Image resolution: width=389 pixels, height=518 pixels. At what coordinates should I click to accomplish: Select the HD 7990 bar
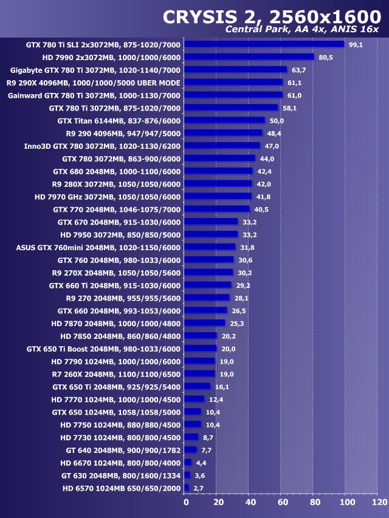(249, 57)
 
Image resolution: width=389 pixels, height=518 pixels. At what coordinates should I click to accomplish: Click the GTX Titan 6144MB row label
(119, 120)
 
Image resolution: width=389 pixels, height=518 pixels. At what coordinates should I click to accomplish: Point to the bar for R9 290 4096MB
(223, 133)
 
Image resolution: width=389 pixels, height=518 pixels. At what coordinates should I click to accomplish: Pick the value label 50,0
(277, 120)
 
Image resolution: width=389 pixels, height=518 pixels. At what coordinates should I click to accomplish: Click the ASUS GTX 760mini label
(98, 247)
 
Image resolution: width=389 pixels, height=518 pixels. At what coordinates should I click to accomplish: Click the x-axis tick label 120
(379, 502)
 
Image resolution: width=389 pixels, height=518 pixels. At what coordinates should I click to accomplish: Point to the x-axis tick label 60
(282, 502)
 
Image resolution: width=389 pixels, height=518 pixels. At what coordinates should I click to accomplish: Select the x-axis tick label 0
(186, 502)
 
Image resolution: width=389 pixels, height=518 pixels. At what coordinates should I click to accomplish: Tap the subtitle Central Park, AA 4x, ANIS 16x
(302, 30)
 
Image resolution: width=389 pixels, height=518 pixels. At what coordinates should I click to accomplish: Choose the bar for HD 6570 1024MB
(187, 488)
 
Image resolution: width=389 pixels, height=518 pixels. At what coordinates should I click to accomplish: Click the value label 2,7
(198, 488)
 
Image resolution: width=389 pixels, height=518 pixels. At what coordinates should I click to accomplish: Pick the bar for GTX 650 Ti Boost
(201, 349)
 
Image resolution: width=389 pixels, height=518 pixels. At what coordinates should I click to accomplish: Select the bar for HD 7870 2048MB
(205, 323)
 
